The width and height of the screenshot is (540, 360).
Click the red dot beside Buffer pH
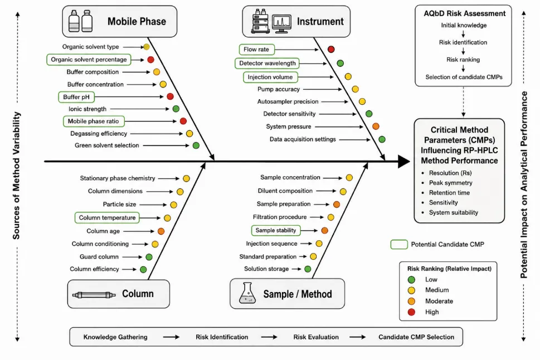tap(170, 96)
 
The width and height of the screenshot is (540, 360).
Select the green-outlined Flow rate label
tap(256, 49)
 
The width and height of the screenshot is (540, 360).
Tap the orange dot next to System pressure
tap(376, 127)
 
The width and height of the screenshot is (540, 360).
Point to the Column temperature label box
tap(107, 218)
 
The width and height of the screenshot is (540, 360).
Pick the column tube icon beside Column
tap(94, 295)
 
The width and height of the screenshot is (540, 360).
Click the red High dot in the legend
tap(411, 312)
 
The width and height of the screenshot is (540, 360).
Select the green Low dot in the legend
tap(411, 280)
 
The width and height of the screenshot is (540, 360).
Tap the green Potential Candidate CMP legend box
tap(399, 244)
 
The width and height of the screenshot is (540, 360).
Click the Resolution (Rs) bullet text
tap(450, 173)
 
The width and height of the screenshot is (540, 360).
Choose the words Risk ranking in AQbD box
tap(463, 60)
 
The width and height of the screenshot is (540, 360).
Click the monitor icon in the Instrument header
tap(281, 24)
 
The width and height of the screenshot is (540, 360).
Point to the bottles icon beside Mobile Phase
tap(81, 21)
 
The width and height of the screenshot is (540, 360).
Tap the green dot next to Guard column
tap(149, 257)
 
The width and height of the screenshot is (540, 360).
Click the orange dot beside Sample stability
tap(324, 231)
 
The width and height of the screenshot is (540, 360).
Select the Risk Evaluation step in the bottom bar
tap(316, 337)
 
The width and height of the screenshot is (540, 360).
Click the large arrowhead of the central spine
tap(404, 161)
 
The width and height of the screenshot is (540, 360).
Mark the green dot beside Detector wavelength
tap(340, 63)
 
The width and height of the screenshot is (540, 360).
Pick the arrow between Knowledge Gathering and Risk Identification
tap(171, 337)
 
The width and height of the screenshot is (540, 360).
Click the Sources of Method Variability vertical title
tap(16, 176)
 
